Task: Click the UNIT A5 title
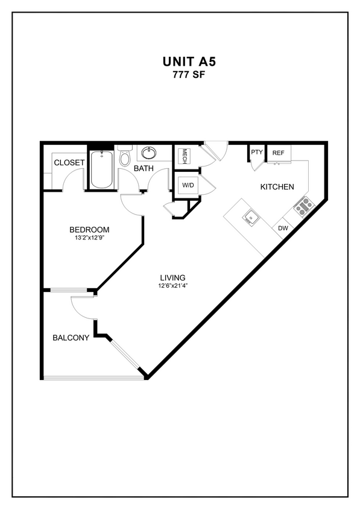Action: (x=180, y=62)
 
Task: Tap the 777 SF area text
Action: (x=180, y=75)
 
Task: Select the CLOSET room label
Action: (x=69, y=163)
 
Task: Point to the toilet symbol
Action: (x=125, y=157)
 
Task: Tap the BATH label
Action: (x=144, y=168)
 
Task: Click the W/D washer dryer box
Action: (x=188, y=185)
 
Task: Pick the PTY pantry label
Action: (x=257, y=153)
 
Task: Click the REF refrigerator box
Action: (x=278, y=153)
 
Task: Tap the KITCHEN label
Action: (x=277, y=187)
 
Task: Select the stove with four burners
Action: (x=304, y=206)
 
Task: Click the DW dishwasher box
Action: (x=282, y=229)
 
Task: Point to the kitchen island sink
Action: (x=248, y=217)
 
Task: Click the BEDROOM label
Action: (x=89, y=230)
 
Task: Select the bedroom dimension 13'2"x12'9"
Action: (x=89, y=239)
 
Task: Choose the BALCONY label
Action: (x=71, y=338)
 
